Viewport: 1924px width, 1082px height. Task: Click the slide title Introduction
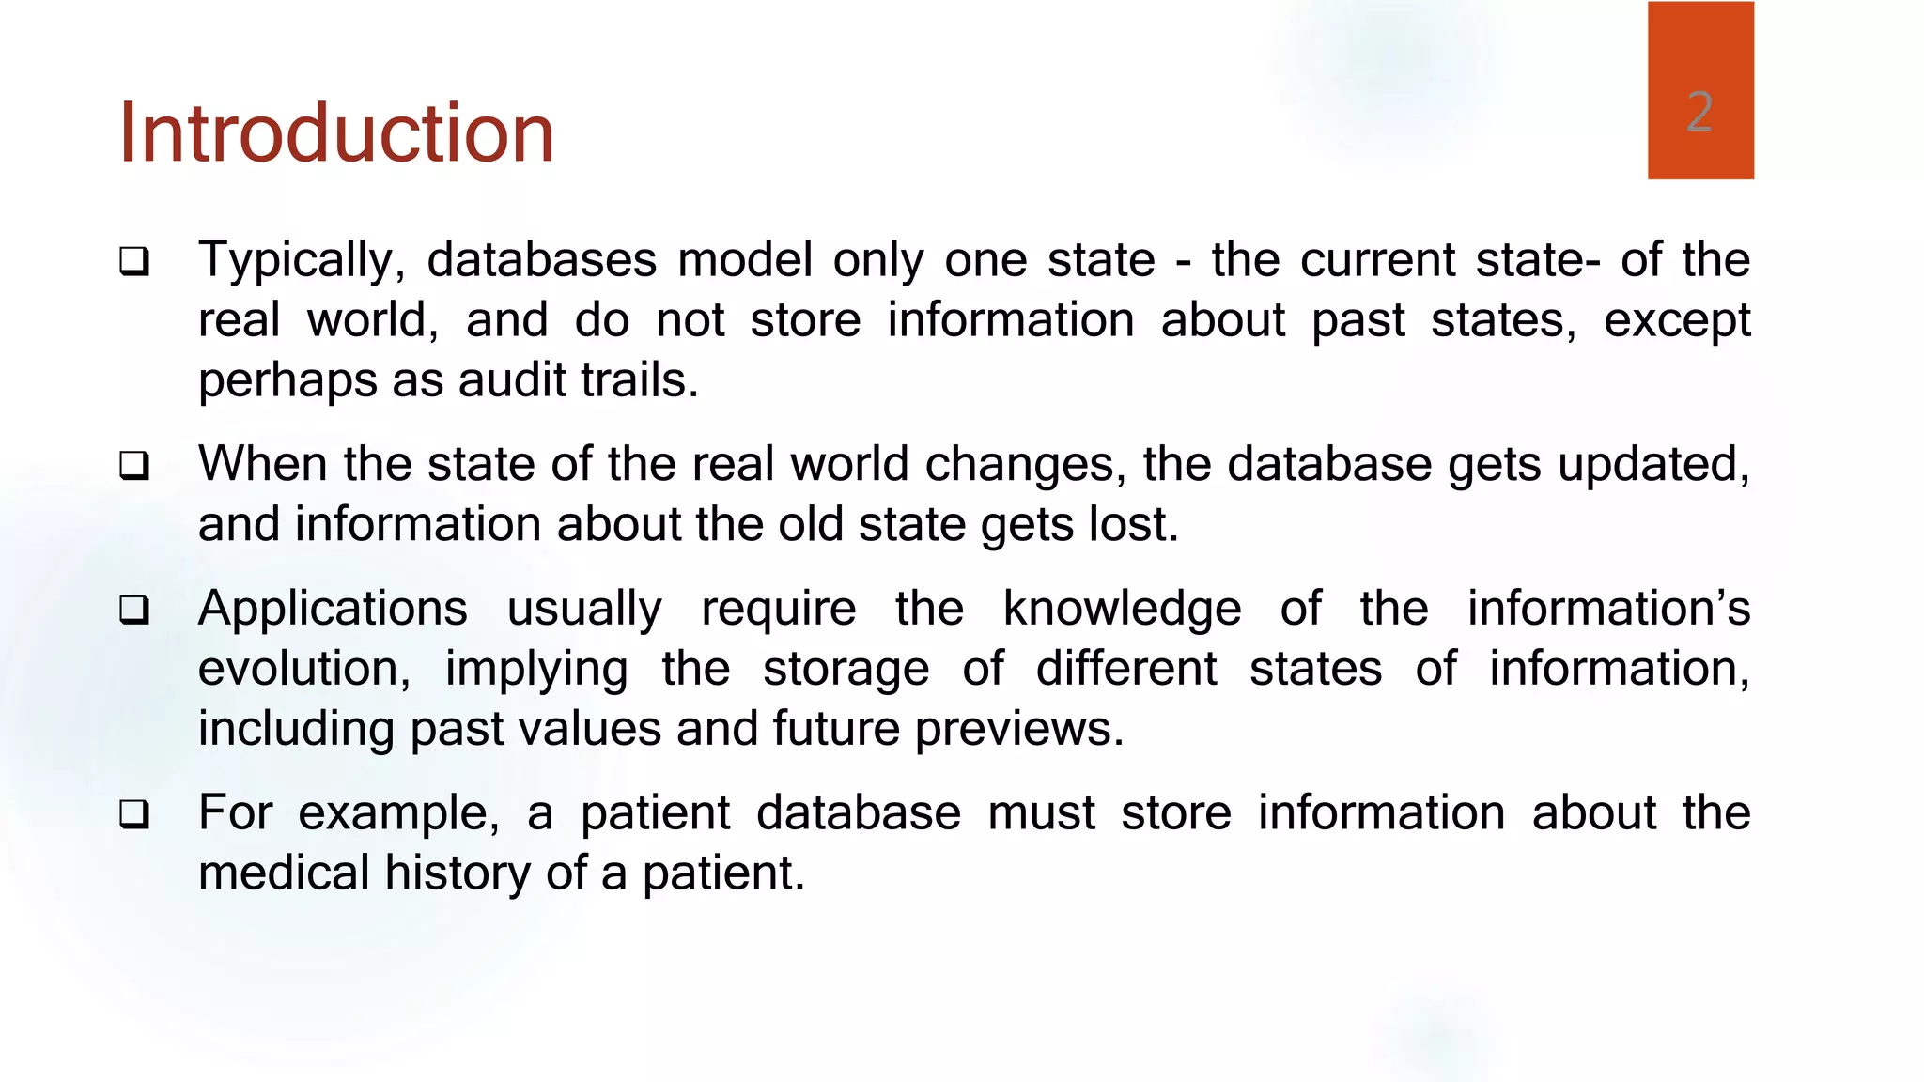336,133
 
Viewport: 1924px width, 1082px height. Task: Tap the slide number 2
1699,112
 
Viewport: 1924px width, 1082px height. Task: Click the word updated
1653,465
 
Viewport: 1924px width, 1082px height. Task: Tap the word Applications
333,609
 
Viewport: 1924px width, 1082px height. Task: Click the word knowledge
1122,609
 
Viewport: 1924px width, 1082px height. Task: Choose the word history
458,873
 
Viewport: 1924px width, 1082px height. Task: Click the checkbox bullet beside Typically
134,261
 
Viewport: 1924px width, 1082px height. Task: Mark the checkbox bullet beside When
134,466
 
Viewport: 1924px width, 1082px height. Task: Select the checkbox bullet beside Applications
134,611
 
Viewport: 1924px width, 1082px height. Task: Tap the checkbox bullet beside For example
134,814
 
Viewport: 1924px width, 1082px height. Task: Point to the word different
1126,669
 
